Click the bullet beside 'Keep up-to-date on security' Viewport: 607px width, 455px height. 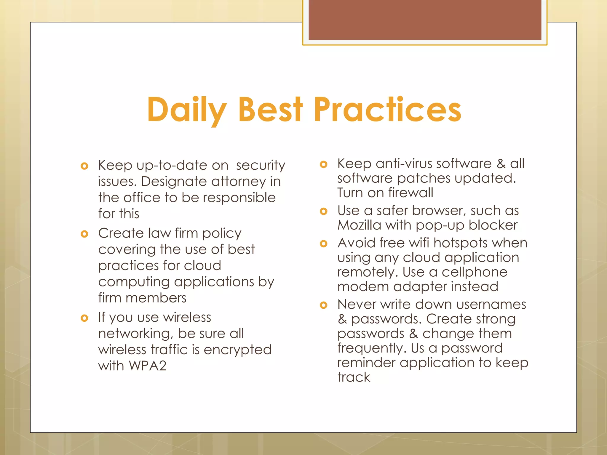click(84, 166)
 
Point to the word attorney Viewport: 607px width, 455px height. click(238, 181)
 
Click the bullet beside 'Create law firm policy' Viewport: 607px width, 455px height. click(84, 234)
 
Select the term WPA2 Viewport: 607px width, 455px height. click(147, 366)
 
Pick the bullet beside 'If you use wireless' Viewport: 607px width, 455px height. click(84, 318)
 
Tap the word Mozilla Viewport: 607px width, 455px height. click(359, 225)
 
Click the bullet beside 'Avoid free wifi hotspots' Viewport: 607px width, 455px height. click(324, 243)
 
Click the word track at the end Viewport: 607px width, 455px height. click(354, 377)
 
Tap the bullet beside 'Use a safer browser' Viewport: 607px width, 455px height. click(324, 211)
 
